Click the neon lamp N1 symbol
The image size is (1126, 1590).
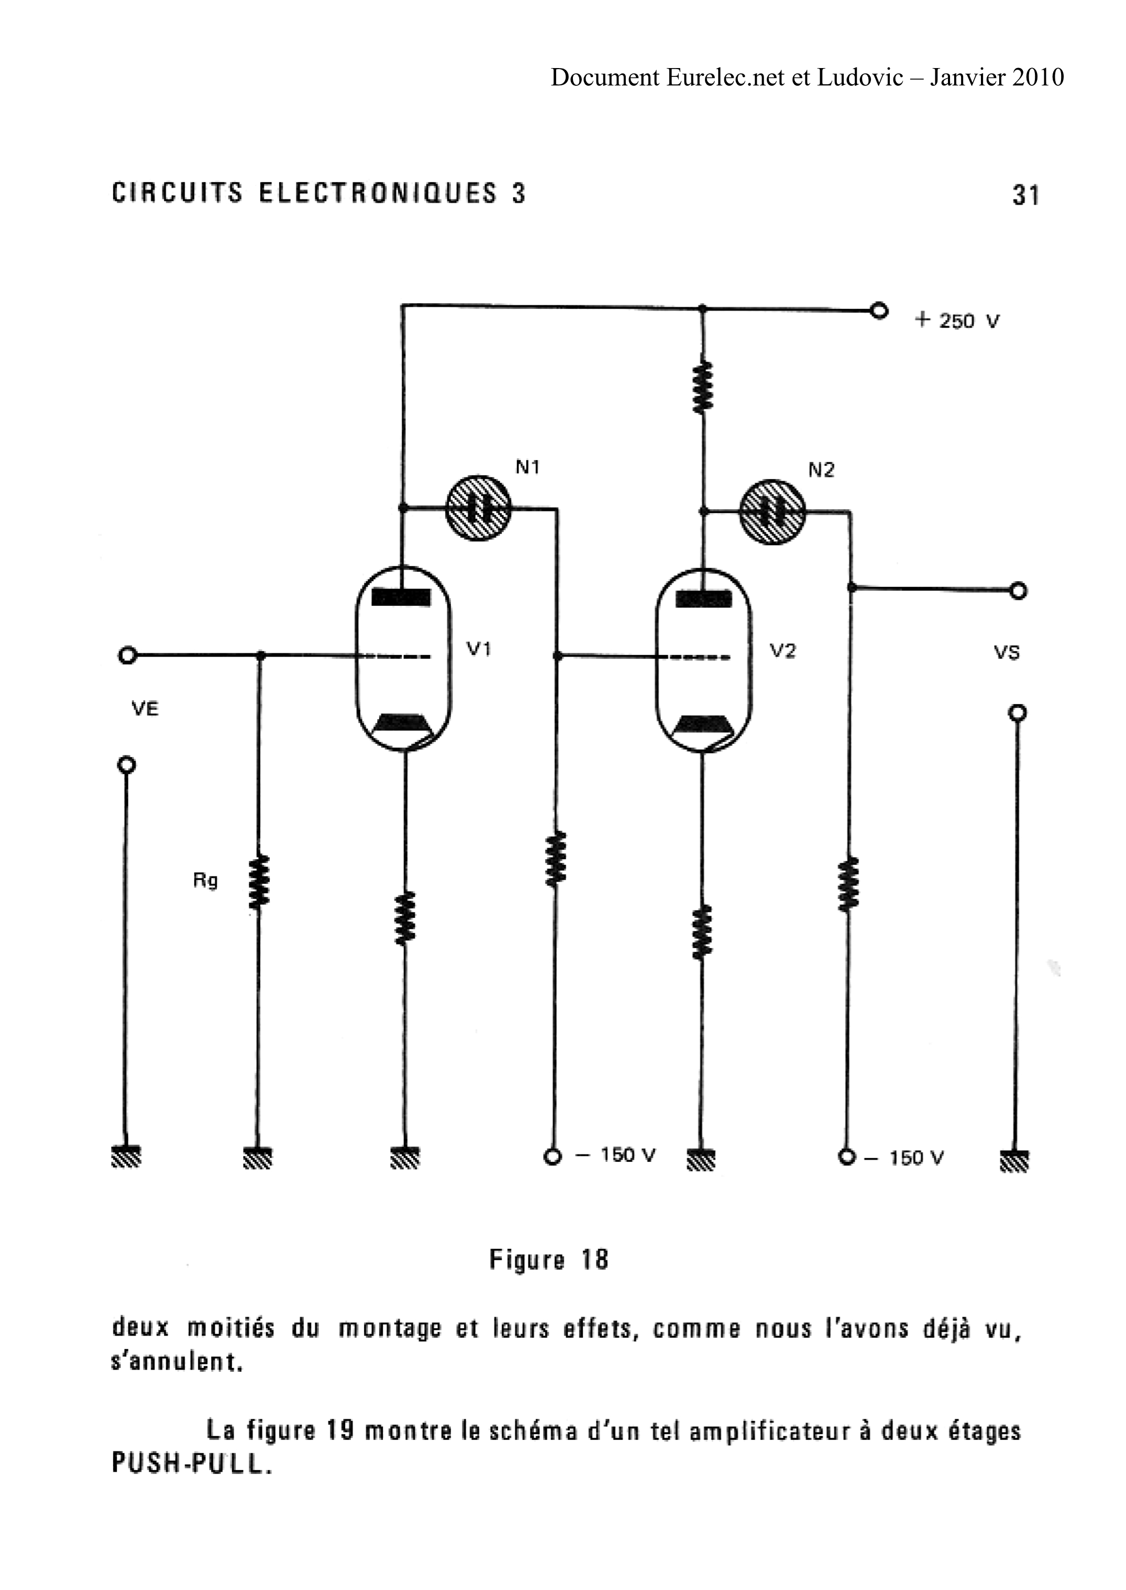(478, 508)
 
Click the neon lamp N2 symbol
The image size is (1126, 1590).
(772, 512)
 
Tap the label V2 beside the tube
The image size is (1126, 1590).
(783, 651)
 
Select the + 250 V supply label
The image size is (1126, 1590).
(957, 320)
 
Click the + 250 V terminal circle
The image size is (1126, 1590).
(879, 310)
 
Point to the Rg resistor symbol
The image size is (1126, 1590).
(259, 882)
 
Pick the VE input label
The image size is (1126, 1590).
(145, 708)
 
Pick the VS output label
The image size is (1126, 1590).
(1007, 652)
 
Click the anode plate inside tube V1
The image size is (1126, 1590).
(402, 597)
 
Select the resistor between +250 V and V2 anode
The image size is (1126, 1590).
(703, 387)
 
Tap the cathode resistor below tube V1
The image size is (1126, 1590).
(405, 918)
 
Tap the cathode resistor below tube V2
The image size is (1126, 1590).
(702, 931)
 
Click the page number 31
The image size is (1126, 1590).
(1025, 195)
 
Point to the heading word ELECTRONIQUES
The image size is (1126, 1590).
(378, 193)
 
